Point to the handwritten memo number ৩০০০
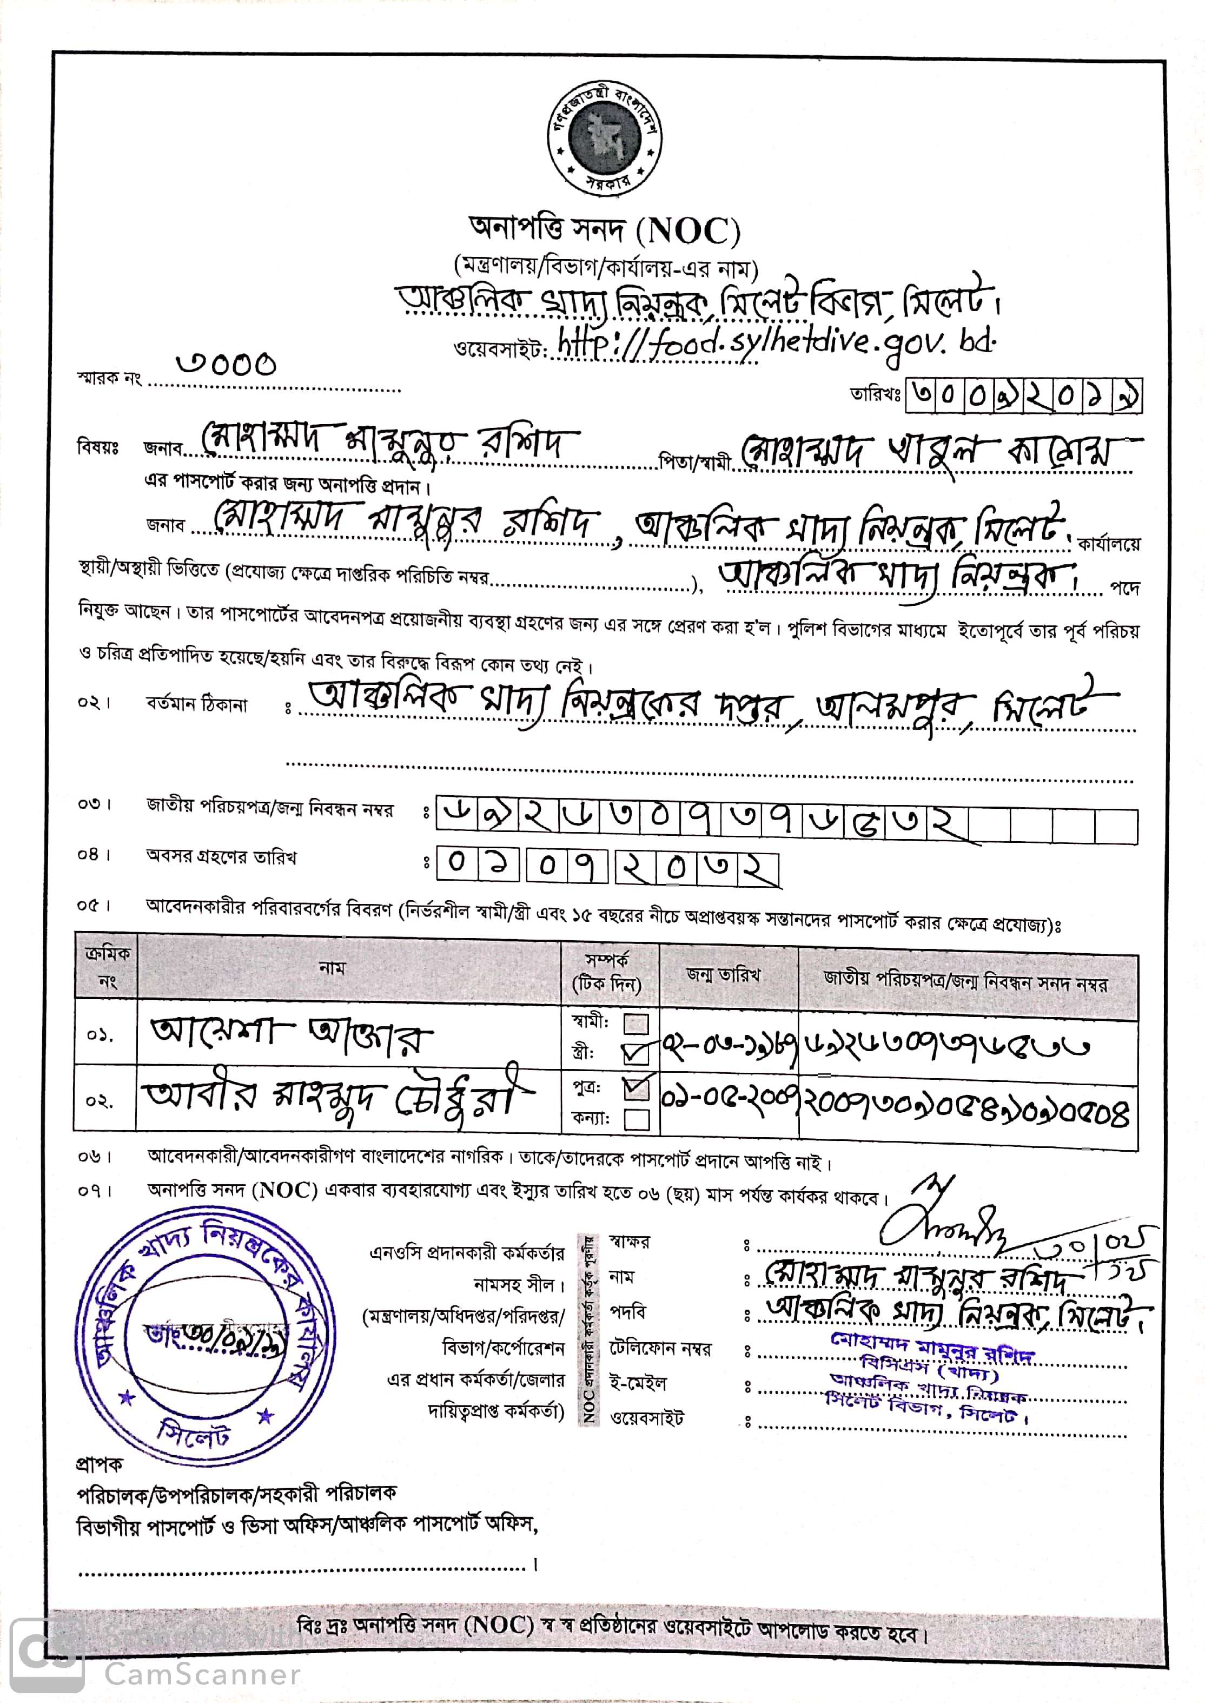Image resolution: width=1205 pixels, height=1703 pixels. (x=226, y=364)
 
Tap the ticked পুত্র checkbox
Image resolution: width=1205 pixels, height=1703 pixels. (x=637, y=1088)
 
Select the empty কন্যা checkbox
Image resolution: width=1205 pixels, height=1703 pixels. (x=637, y=1118)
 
